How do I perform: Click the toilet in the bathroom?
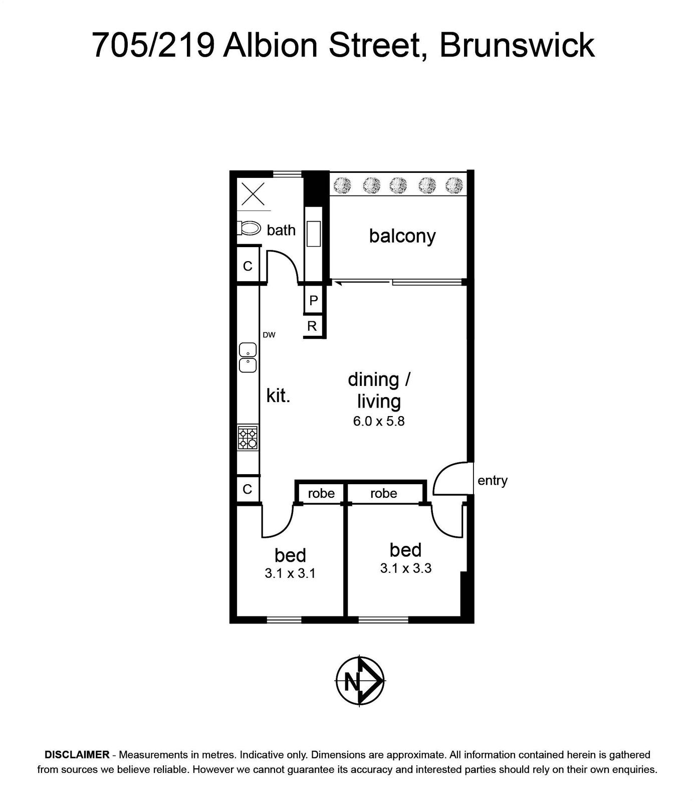click(x=249, y=229)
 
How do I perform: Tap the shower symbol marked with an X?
click(x=253, y=193)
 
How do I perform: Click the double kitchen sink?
click(x=248, y=357)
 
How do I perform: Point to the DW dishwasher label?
click(x=269, y=335)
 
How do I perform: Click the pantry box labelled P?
click(x=314, y=300)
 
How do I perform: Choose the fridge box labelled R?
click(x=313, y=326)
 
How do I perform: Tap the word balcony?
click(x=402, y=236)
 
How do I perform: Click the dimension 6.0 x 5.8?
click(x=379, y=421)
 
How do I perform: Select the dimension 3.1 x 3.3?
click(x=406, y=568)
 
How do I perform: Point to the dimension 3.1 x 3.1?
click(x=290, y=573)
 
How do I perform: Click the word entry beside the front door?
click(x=493, y=481)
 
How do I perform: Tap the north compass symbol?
click(x=360, y=681)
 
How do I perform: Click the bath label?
click(x=281, y=230)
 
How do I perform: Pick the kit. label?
click(x=278, y=395)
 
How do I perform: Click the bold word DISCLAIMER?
click(x=77, y=754)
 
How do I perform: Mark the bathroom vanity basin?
click(x=314, y=234)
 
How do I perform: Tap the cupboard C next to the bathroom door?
click(x=248, y=266)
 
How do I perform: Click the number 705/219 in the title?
click(x=154, y=45)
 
